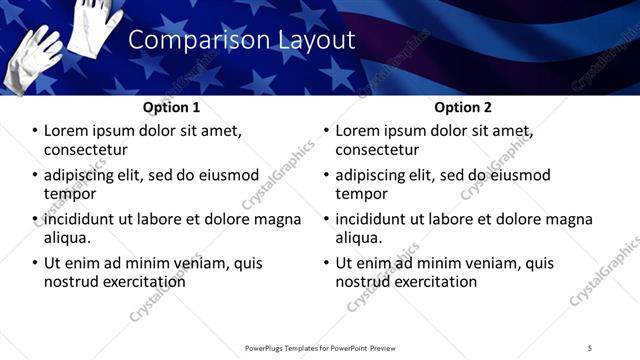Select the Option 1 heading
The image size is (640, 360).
(x=171, y=107)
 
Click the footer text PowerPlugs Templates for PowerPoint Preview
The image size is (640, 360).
(x=319, y=347)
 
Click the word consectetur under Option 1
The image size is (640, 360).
(x=86, y=150)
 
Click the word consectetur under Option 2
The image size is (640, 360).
(x=377, y=150)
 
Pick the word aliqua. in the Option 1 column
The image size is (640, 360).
(x=68, y=238)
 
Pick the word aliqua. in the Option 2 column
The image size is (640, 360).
(x=359, y=238)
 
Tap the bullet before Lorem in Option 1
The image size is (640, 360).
(x=34, y=131)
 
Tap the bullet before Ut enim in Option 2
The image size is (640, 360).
(x=325, y=264)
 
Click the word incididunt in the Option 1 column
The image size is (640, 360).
(x=84, y=219)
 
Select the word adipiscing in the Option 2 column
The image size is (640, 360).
(x=374, y=175)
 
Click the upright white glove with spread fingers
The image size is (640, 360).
(x=95, y=22)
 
